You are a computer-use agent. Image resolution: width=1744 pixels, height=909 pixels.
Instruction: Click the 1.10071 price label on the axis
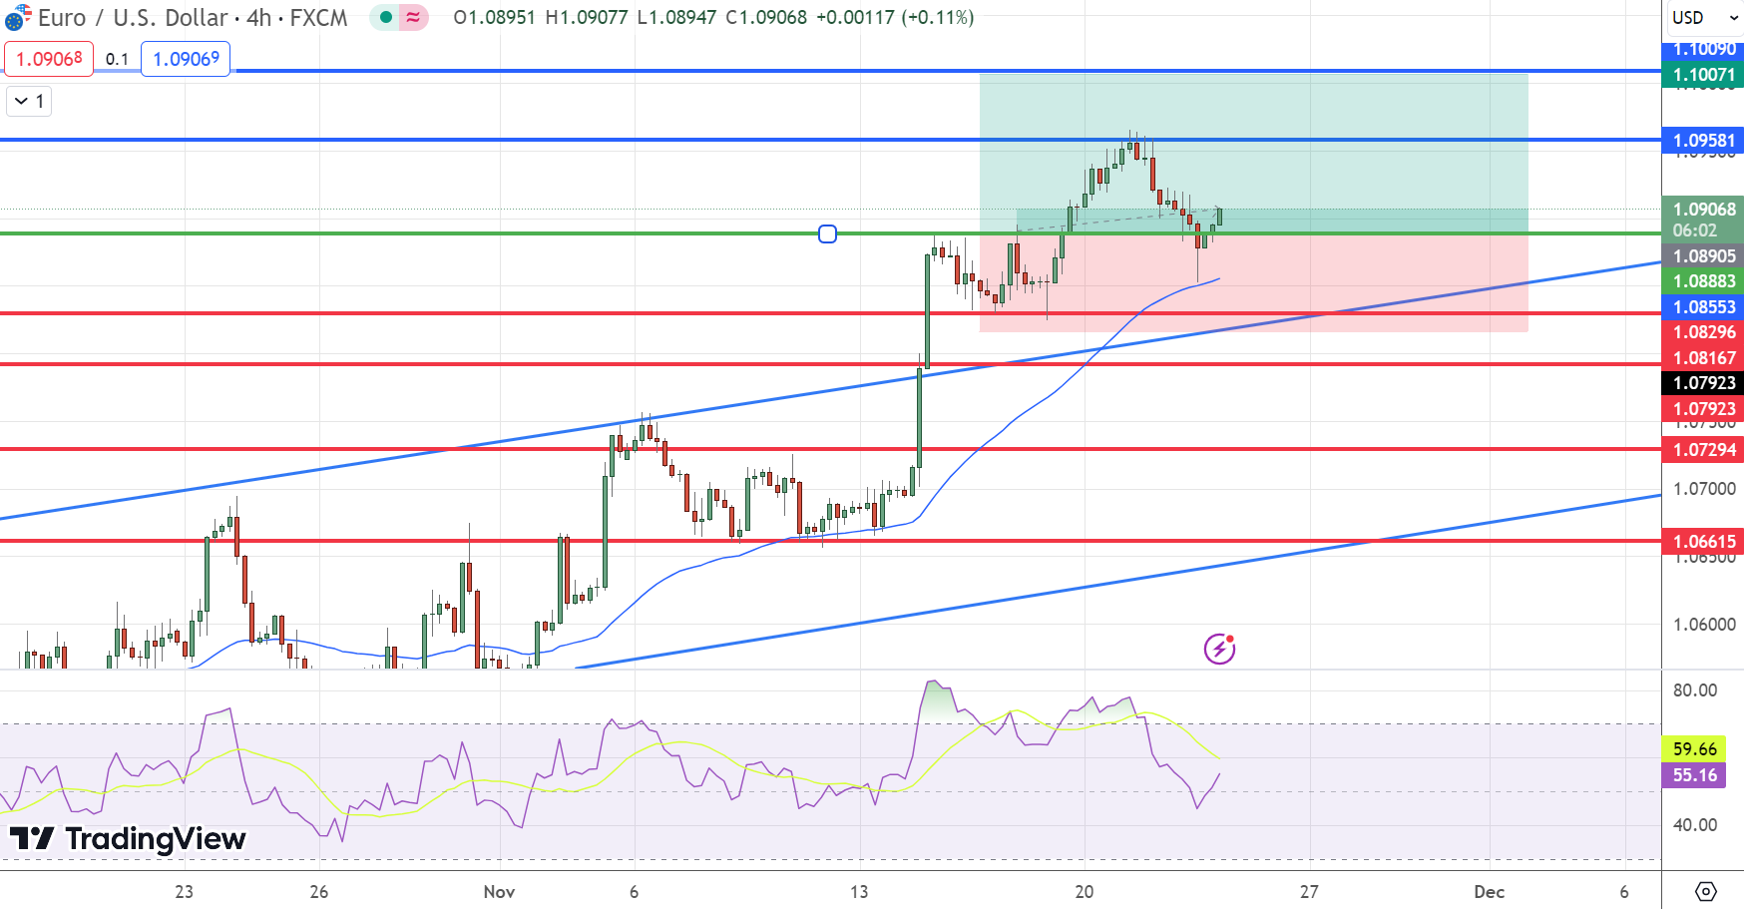(x=1703, y=75)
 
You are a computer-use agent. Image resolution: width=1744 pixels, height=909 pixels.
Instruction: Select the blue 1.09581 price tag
(x=1703, y=141)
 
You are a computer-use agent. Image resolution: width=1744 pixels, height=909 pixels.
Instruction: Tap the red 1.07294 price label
(x=1703, y=450)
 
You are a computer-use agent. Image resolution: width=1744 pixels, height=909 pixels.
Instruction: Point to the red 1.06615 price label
(x=1703, y=542)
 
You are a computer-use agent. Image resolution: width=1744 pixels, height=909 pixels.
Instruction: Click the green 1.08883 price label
(x=1703, y=281)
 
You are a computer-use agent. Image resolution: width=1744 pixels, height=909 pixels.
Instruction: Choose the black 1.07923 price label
(x=1703, y=383)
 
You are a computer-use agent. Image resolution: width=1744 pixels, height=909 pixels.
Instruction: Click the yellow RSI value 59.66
(x=1694, y=748)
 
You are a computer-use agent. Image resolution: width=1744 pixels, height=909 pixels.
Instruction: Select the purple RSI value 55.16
(x=1694, y=775)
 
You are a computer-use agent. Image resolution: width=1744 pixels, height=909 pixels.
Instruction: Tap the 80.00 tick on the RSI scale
(x=1694, y=690)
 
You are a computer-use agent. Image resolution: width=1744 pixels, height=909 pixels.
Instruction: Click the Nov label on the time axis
(x=499, y=892)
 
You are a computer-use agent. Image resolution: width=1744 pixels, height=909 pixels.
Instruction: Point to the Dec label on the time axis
(x=1489, y=892)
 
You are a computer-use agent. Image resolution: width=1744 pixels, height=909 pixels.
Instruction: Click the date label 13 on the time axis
(x=859, y=892)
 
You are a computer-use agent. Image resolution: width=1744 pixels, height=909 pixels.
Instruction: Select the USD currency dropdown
(x=1702, y=18)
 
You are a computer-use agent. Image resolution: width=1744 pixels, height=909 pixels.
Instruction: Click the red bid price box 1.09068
(x=49, y=59)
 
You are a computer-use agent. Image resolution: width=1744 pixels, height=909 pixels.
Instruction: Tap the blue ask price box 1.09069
(x=186, y=59)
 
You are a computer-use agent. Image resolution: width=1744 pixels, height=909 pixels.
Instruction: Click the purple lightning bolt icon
(x=1219, y=650)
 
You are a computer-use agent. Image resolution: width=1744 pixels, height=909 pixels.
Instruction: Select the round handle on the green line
(x=827, y=234)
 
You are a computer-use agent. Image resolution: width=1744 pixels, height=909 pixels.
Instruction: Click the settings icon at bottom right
(x=1705, y=891)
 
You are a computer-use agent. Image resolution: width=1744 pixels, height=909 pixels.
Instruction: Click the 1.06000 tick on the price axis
(x=1703, y=625)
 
